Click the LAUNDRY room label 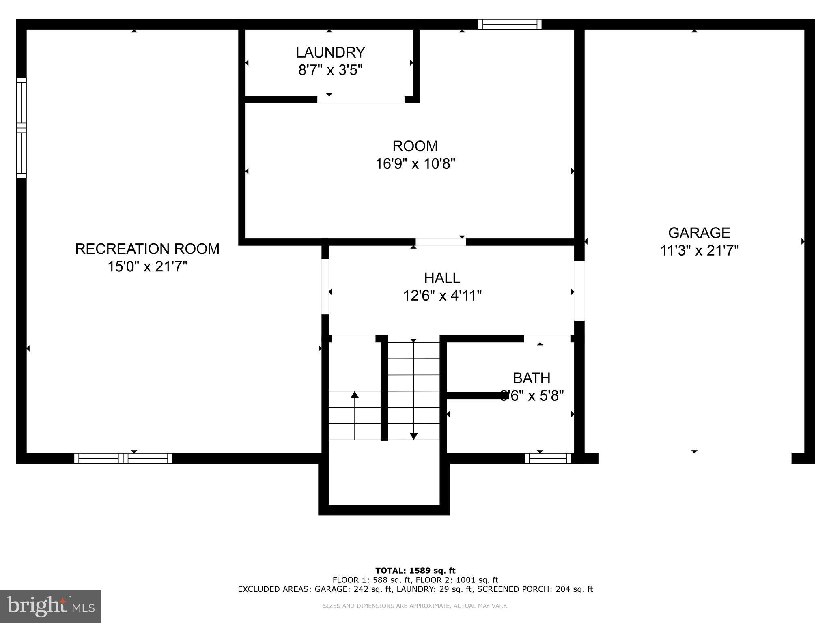[330, 53]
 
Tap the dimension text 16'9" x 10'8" [415, 164]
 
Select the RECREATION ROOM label [147, 249]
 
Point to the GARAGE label [699, 233]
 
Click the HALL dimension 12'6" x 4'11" [442, 296]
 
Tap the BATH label [532, 378]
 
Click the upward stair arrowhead [355, 395]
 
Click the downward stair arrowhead [413, 436]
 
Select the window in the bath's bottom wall [548, 458]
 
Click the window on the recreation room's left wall [21, 128]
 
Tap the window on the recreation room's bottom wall [123, 458]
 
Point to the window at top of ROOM [510, 24]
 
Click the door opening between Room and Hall [441, 242]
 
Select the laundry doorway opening [361, 100]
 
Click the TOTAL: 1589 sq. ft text [415, 571]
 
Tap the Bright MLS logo [51, 606]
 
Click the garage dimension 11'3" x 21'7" [699, 251]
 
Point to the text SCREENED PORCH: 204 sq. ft [535, 589]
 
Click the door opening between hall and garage [579, 291]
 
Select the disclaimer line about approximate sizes [415, 606]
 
